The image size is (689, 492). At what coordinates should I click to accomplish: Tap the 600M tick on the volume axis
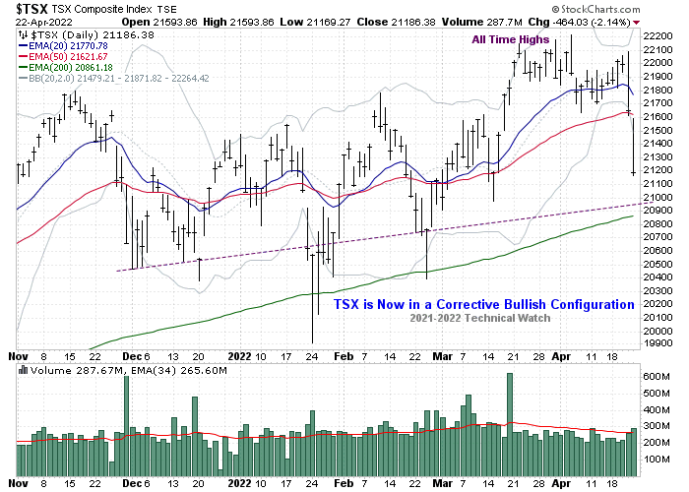click(x=657, y=377)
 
